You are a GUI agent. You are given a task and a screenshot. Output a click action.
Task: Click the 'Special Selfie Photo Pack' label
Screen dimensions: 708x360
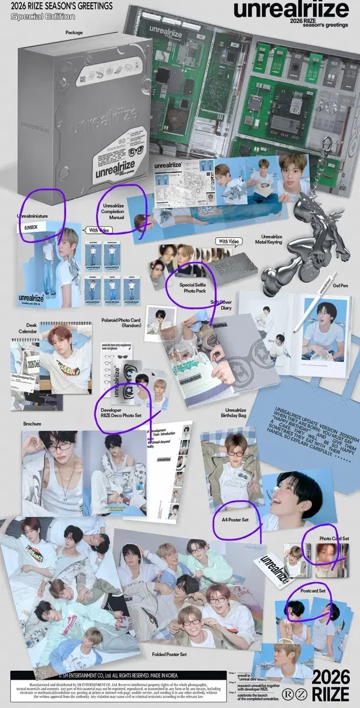(188, 287)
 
